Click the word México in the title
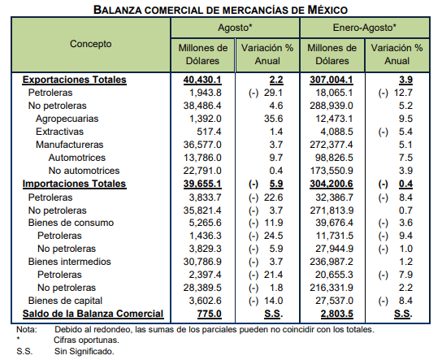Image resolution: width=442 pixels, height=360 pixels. [x=327, y=10]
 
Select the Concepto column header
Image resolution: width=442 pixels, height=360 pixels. [x=91, y=44]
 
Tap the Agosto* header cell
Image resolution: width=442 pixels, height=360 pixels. [x=235, y=28]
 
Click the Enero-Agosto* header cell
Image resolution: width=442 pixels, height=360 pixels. [x=365, y=28]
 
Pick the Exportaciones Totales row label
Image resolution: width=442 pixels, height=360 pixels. [x=75, y=80]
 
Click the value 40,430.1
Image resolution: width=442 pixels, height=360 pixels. [x=202, y=80]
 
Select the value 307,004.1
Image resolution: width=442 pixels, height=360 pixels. [x=331, y=80]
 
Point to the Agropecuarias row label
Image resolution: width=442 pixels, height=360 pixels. [x=67, y=119]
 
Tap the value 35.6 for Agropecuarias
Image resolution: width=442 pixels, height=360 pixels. [x=273, y=119]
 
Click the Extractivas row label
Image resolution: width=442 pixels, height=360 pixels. [x=60, y=132]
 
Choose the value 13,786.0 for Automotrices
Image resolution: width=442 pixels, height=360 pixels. [x=202, y=158]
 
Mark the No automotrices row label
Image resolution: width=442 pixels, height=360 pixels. [x=84, y=171]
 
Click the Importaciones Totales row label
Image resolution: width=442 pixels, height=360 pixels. [x=75, y=184]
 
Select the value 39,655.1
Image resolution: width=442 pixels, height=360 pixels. [x=202, y=184]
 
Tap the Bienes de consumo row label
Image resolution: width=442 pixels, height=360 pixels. [x=71, y=223]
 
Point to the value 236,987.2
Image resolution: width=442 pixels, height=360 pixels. [x=331, y=262]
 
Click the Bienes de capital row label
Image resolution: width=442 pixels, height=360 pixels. [x=65, y=301]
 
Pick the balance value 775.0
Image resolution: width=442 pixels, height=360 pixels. [x=209, y=314]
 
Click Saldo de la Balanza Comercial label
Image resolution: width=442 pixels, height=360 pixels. [x=93, y=314]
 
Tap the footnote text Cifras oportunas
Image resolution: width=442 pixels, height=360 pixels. [x=87, y=340]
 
